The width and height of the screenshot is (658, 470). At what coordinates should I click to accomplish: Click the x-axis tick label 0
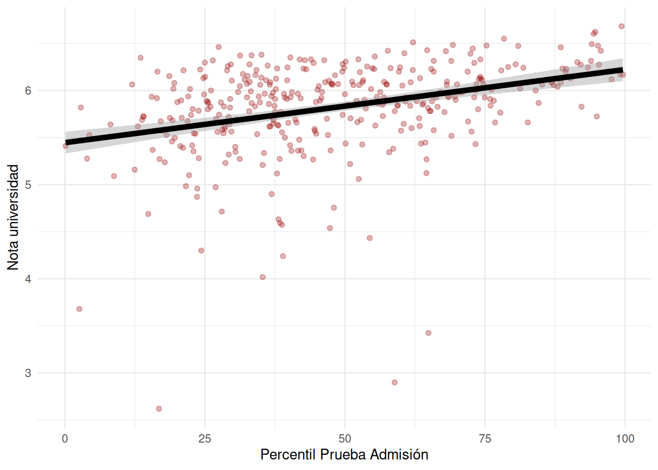point(65,439)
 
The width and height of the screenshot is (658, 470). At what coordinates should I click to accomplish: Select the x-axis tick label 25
point(205,439)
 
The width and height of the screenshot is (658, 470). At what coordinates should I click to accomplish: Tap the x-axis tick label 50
point(345,439)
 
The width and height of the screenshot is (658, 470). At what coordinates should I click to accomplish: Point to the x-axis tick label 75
point(485,439)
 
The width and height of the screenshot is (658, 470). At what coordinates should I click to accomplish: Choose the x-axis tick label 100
point(625,439)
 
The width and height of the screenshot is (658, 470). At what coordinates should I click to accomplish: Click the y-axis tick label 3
point(28,373)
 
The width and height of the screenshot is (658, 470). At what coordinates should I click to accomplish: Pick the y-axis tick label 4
point(28,279)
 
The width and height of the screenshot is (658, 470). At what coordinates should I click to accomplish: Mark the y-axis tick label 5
point(28,185)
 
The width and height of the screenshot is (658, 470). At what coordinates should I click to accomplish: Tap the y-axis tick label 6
point(28,91)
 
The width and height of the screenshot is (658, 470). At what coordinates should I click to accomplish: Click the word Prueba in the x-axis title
point(343,455)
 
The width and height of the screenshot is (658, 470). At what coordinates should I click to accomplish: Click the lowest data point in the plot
point(159,409)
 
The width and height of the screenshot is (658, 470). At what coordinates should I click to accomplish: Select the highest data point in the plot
point(621,26)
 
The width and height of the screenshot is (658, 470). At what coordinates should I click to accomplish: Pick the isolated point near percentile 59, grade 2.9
point(395,382)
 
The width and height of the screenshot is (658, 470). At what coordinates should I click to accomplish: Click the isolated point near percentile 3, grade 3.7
point(79,309)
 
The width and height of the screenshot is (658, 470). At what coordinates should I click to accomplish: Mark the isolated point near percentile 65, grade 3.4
point(428,333)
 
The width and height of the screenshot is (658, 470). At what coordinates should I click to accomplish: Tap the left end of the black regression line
point(67,142)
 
